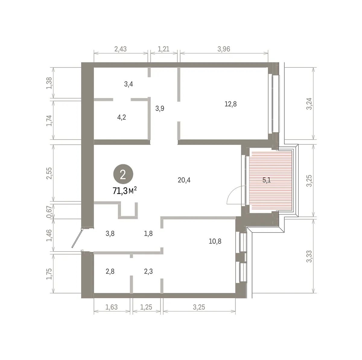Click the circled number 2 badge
point(123,174)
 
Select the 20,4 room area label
point(184,180)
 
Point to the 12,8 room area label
point(231,104)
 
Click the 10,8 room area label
point(215,241)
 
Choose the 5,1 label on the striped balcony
point(267,180)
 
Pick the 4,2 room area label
point(122,117)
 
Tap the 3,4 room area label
point(129,84)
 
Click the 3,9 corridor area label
point(160,108)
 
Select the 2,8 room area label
point(110,272)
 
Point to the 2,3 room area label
point(148,272)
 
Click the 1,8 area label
point(148,233)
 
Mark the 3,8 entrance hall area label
point(110,233)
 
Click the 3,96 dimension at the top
point(224,49)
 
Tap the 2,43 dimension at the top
point(121,49)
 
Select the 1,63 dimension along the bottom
point(112,307)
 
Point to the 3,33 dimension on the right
point(309,256)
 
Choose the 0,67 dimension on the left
point(49,212)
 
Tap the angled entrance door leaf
point(77,238)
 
